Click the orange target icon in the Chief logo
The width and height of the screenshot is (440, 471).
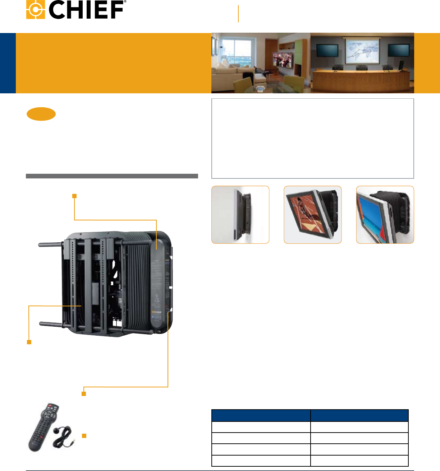(x=35, y=10)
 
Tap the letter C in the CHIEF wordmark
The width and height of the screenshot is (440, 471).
(x=58, y=10)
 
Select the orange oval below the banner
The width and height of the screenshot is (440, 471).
(x=41, y=114)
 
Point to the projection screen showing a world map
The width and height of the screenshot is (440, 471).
(x=362, y=51)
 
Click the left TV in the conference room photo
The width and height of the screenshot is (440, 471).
(x=326, y=50)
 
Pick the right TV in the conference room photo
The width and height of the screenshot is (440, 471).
(x=398, y=50)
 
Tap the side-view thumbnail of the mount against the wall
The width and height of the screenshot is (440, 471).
(x=240, y=215)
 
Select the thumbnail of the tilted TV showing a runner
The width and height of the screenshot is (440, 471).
(x=312, y=215)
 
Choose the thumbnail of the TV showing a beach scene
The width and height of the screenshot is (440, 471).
(x=385, y=215)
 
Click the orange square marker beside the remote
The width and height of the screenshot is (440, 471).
(x=84, y=436)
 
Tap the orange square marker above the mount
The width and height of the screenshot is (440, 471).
(x=74, y=196)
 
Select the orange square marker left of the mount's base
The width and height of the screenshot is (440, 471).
(x=29, y=342)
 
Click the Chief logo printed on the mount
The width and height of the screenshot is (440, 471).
(x=156, y=312)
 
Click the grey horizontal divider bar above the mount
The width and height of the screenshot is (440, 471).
(x=112, y=176)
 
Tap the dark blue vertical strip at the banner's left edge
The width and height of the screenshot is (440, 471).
(x=8, y=63)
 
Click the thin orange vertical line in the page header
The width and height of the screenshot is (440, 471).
(x=238, y=14)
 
